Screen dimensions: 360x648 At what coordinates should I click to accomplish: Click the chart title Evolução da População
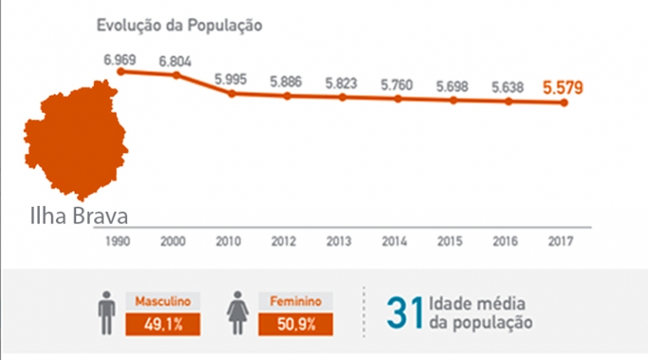click(x=178, y=25)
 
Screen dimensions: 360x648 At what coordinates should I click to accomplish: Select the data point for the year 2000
click(x=175, y=75)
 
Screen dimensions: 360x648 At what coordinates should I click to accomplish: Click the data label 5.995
click(x=231, y=78)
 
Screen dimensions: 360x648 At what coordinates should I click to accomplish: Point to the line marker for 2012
click(x=287, y=96)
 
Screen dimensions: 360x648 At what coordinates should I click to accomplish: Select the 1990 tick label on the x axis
click(x=119, y=241)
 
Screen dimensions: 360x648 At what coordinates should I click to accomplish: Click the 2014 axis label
click(x=395, y=241)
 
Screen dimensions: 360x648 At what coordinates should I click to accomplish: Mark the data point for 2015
click(x=453, y=100)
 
